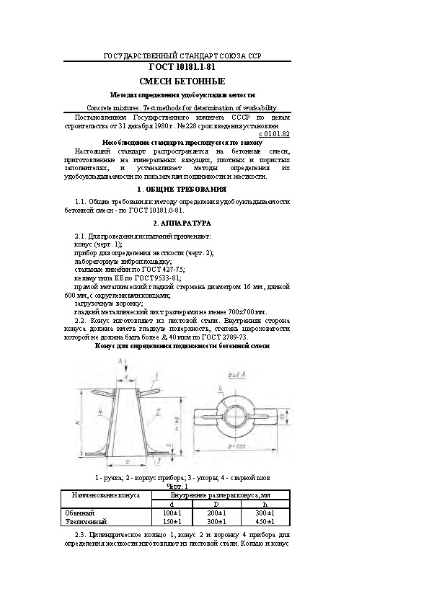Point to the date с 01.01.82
[274, 134]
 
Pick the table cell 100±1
[167, 513]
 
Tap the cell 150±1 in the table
[167, 520]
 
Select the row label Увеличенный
[86, 520]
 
